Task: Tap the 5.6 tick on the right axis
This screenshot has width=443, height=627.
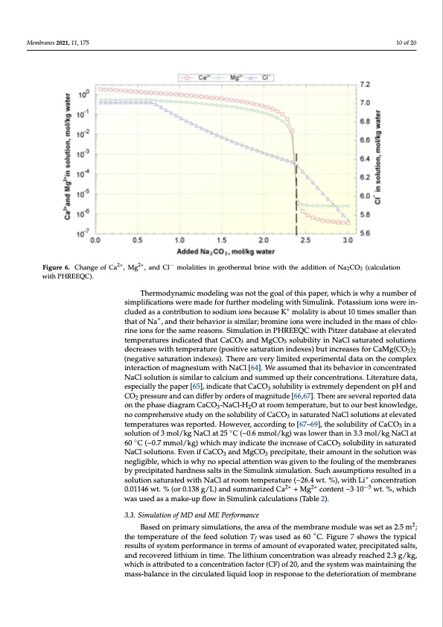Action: (366, 234)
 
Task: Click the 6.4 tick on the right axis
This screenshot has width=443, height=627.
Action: (366, 159)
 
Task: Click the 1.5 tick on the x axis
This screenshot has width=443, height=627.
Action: (221, 241)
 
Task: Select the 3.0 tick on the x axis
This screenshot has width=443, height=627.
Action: (348, 241)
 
